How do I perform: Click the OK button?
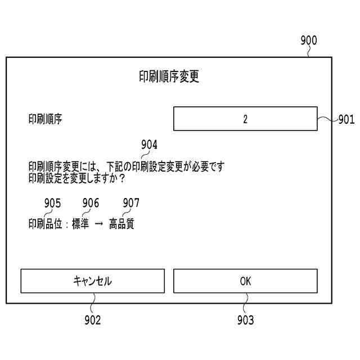[x=245, y=281]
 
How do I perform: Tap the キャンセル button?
[x=93, y=281]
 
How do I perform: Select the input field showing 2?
[x=245, y=119]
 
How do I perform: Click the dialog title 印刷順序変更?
[x=169, y=78]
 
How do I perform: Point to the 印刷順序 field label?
[x=46, y=119]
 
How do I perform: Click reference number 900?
[x=309, y=40]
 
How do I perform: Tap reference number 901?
[x=346, y=119]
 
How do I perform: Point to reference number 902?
[x=92, y=320]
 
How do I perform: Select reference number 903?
[x=245, y=320]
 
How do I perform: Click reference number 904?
[x=149, y=145]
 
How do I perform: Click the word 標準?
[x=80, y=224]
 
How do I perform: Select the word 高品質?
[x=121, y=224]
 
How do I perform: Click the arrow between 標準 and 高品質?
[x=98, y=224]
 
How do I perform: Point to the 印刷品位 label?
[x=45, y=224]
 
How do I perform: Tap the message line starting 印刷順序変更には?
[x=126, y=167]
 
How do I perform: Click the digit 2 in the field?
[x=245, y=119]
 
